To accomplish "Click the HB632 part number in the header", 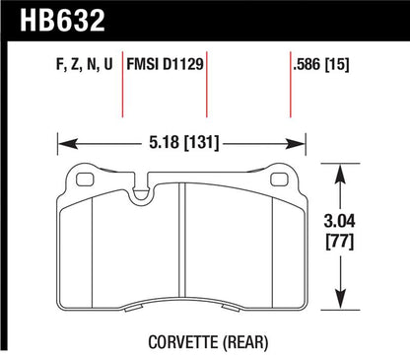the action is click(x=62, y=21).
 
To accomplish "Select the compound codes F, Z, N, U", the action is click(x=85, y=64).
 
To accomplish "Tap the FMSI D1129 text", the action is click(x=166, y=64).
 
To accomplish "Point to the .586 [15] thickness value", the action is click(x=321, y=64).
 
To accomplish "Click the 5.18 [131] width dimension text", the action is click(x=183, y=143).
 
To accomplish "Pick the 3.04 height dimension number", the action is click(x=340, y=221).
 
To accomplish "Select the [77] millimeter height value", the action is click(x=340, y=242).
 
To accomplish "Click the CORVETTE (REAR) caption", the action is click(x=208, y=342).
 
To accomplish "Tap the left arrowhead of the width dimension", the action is click(x=67, y=144).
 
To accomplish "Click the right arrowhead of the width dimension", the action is click(x=296, y=144).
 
